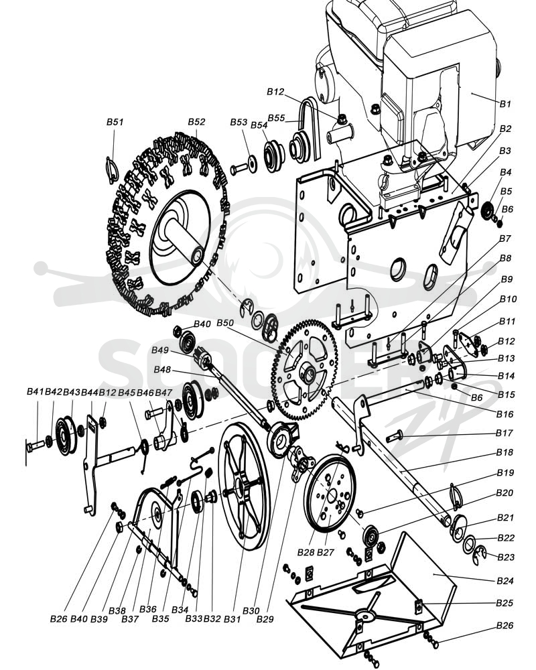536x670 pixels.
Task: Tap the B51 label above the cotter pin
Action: (x=115, y=122)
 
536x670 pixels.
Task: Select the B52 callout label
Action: (x=196, y=122)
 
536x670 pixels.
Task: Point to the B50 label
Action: (x=225, y=323)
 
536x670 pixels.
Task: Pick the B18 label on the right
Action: (x=505, y=452)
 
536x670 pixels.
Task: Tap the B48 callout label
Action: (x=162, y=369)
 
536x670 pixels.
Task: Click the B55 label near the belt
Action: (x=276, y=118)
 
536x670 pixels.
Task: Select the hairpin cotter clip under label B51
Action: (x=112, y=170)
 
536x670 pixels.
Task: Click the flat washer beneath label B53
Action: (x=252, y=163)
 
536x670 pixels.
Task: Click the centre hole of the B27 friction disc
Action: (x=332, y=496)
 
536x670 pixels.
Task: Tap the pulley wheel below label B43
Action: (x=66, y=435)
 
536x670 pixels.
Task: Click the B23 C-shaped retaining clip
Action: (x=481, y=556)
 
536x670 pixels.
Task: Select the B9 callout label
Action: (x=507, y=279)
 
